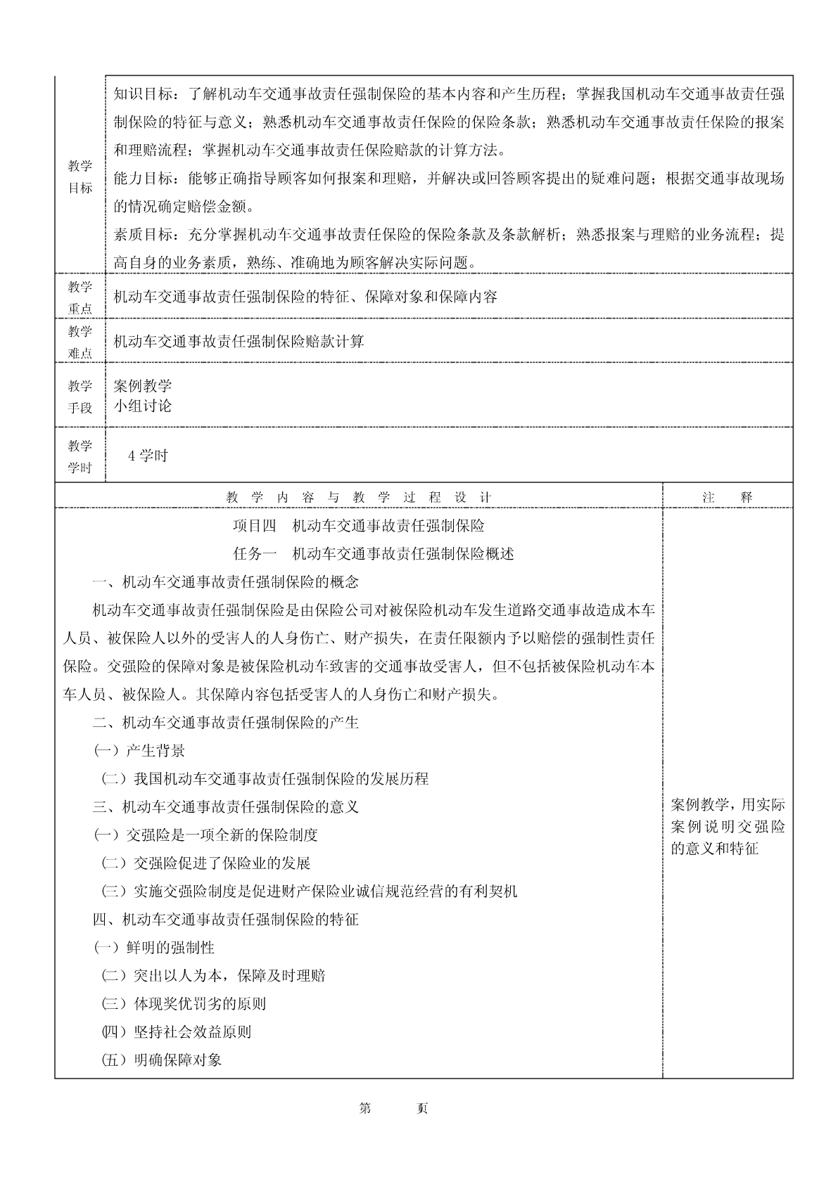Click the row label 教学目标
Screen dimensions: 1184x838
[x=80, y=176]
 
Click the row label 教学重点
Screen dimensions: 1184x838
[x=80, y=297]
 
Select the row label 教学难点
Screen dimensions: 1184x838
[x=80, y=342]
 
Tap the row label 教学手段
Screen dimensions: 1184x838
[x=80, y=397]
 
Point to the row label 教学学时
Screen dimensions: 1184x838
[x=80, y=456]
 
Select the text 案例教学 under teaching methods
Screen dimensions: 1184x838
[x=143, y=386]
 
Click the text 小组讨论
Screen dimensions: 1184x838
[x=143, y=406]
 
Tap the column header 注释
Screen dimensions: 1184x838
[x=728, y=497]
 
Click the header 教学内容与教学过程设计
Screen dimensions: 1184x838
[x=359, y=497]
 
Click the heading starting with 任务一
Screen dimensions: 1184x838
[x=373, y=554]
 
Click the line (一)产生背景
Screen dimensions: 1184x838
[x=139, y=751]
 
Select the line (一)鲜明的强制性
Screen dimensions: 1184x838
[x=154, y=948]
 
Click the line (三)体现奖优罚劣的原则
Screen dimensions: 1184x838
[x=184, y=1004]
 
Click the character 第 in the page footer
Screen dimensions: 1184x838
[x=365, y=1109]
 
